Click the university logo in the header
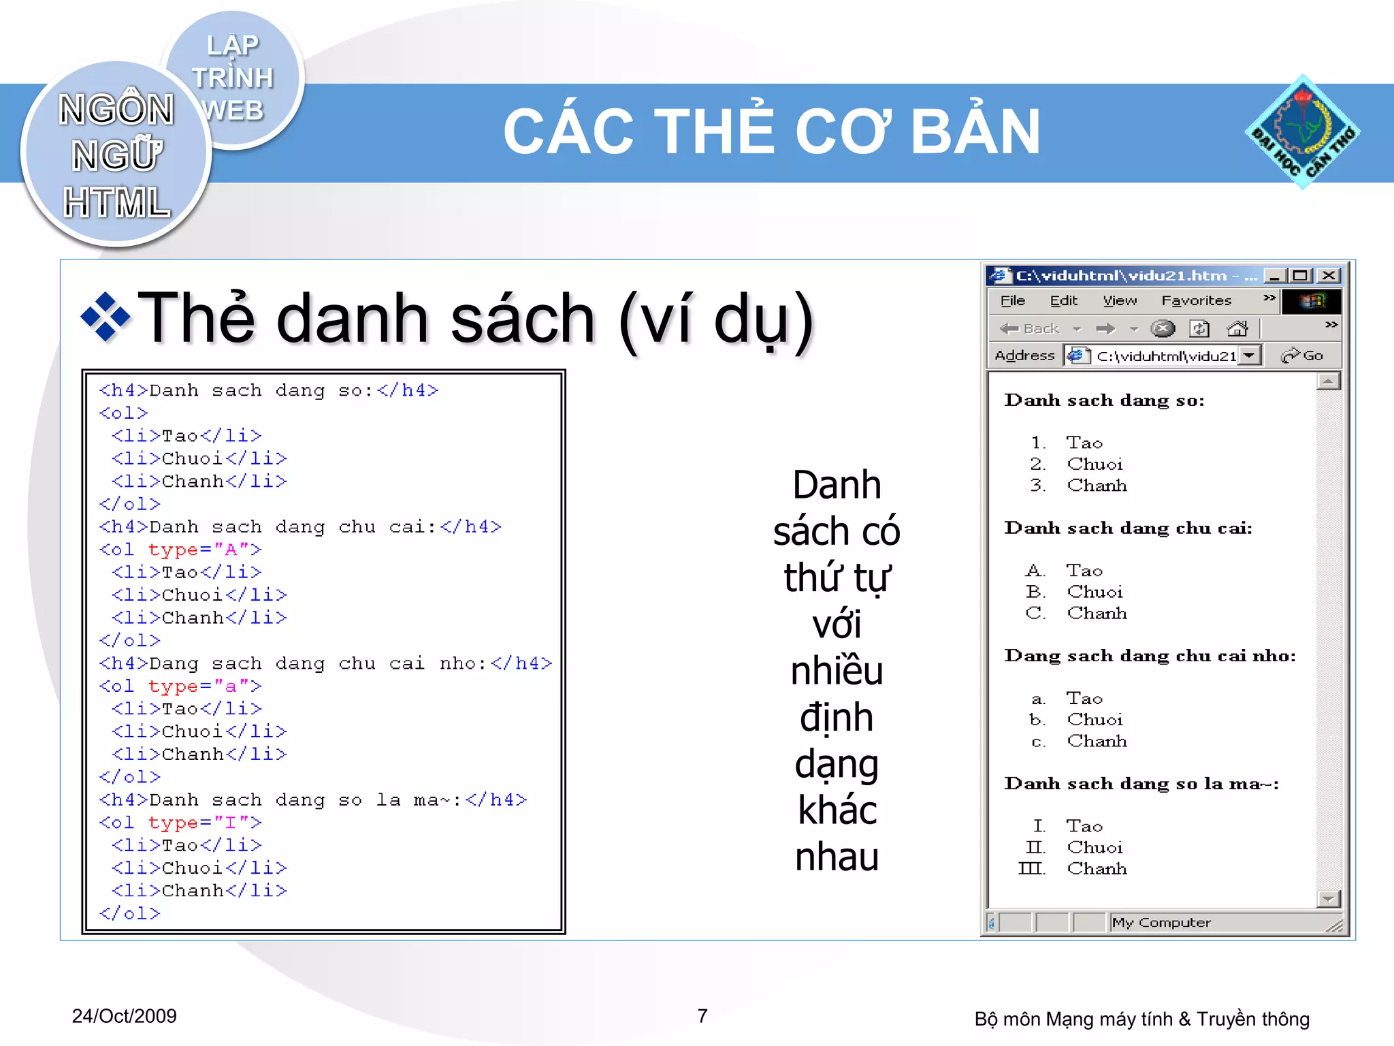[x=1302, y=131]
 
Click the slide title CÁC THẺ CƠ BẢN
[x=772, y=131]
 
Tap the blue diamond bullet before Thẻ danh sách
[x=105, y=317]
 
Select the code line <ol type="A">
[x=180, y=550]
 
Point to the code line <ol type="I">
[x=180, y=823]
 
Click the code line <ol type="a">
[x=180, y=686]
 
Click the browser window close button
[x=1328, y=275]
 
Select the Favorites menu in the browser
[x=1196, y=300]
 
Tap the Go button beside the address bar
[x=1302, y=355]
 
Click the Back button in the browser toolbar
[x=1031, y=329]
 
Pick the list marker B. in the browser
[x=1035, y=592]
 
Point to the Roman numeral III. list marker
[x=1031, y=869]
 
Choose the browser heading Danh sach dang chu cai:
[x=1128, y=528]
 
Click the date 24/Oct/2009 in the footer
[x=124, y=1016]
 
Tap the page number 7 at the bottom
[x=702, y=1015]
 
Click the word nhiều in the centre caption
[x=837, y=671]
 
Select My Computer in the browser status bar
[x=1161, y=923]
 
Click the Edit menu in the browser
[x=1063, y=300]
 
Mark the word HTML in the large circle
[x=116, y=203]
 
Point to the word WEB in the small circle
[x=233, y=110]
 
